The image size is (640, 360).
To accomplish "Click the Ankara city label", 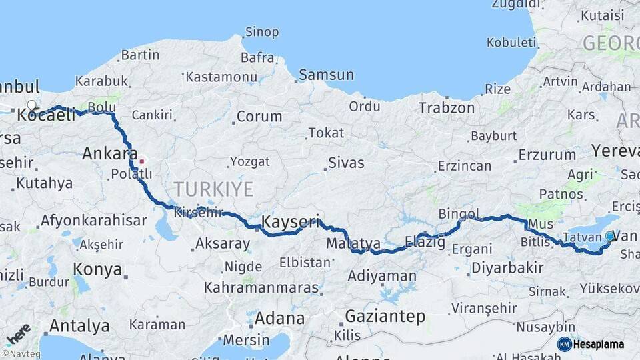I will [x=109, y=154].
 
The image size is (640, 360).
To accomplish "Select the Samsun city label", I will [x=326, y=75].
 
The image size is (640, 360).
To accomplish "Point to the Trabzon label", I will [x=446, y=108].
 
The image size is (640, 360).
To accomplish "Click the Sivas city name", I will [x=346, y=163].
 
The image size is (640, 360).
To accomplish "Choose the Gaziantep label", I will [x=385, y=317].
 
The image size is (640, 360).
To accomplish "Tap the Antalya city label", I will [x=79, y=326].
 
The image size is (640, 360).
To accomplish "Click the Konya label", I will [x=98, y=270].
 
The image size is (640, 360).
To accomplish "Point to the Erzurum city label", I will [x=547, y=155].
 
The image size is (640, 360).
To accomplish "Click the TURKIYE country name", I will [x=213, y=189].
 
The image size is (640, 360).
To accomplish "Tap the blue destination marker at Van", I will [x=609, y=236].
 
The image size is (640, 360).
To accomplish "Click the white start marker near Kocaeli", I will [x=31, y=105].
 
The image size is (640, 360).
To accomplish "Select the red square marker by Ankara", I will [x=141, y=161].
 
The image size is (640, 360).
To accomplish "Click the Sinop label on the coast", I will [x=262, y=31].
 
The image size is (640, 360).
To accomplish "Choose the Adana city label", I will [x=279, y=318].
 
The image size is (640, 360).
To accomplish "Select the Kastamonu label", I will [x=221, y=77].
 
